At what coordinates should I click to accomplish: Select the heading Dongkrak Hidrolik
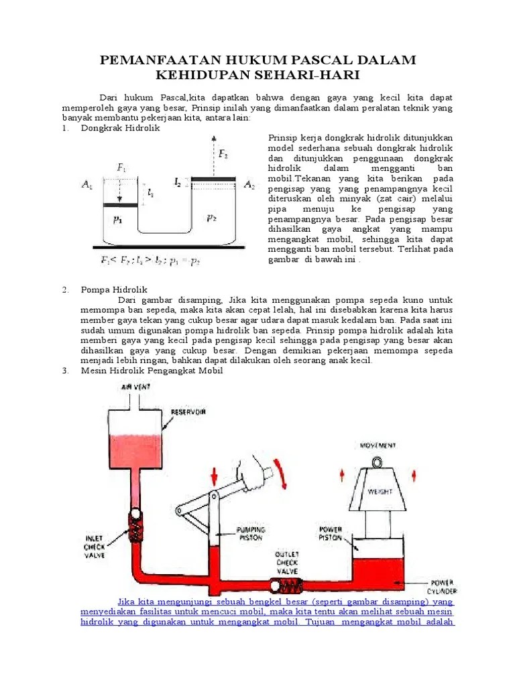[120, 128]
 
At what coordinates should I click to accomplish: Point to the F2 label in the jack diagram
[224, 154]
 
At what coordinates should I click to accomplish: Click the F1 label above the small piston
[121, 168]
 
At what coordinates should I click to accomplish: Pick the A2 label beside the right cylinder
[248, 184]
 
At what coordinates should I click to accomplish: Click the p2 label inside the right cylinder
[212, 218]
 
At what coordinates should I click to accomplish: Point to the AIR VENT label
[135, 387]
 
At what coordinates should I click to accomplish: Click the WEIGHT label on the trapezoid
[378, 491]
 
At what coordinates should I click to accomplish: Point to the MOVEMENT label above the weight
[378, 445]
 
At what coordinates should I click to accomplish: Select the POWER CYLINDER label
[442, 586]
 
